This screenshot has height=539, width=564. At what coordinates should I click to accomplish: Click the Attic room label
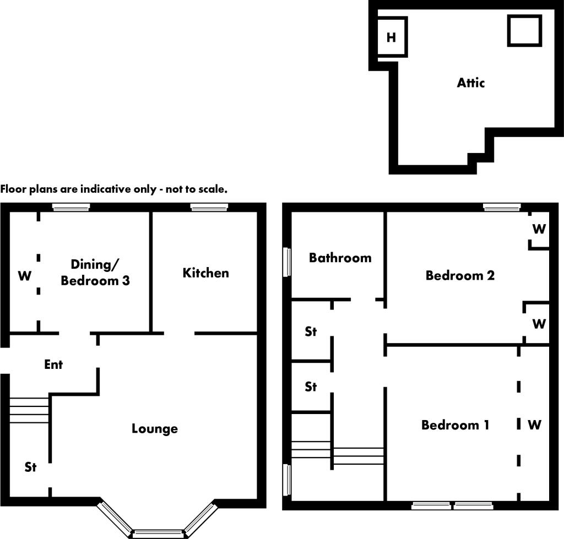tap(471, 83)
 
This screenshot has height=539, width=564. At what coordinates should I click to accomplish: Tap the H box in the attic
tap(392, 37)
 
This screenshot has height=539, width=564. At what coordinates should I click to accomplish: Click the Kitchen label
tap(205, 273)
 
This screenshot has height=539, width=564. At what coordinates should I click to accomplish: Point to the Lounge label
tap(155, 428)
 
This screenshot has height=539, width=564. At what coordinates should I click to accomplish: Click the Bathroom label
tap(340, 258)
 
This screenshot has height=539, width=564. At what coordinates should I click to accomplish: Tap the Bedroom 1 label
tap(455, 425)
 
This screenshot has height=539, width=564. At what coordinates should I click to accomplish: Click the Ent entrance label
tap(53, 364)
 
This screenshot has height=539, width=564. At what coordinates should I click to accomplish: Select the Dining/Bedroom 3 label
tap(95, 273)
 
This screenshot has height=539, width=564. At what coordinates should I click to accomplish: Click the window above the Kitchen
tap(209, 207)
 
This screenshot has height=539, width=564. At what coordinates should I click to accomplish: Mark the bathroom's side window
tap(287, 262)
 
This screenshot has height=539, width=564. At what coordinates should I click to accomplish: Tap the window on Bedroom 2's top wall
tap(502, 207)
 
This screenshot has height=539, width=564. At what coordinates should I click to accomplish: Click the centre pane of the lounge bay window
tap(158, 533)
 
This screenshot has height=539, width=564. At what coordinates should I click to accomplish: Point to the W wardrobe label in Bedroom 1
tap(534, 425)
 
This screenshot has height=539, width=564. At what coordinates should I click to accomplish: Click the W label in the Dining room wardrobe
tap(25, 276)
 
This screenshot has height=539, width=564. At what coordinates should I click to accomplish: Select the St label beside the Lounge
tap(30, 467)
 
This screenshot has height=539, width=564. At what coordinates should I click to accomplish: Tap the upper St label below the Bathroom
tap(311, 332)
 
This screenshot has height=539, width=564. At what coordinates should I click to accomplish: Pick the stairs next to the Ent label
tap(29, 410)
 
